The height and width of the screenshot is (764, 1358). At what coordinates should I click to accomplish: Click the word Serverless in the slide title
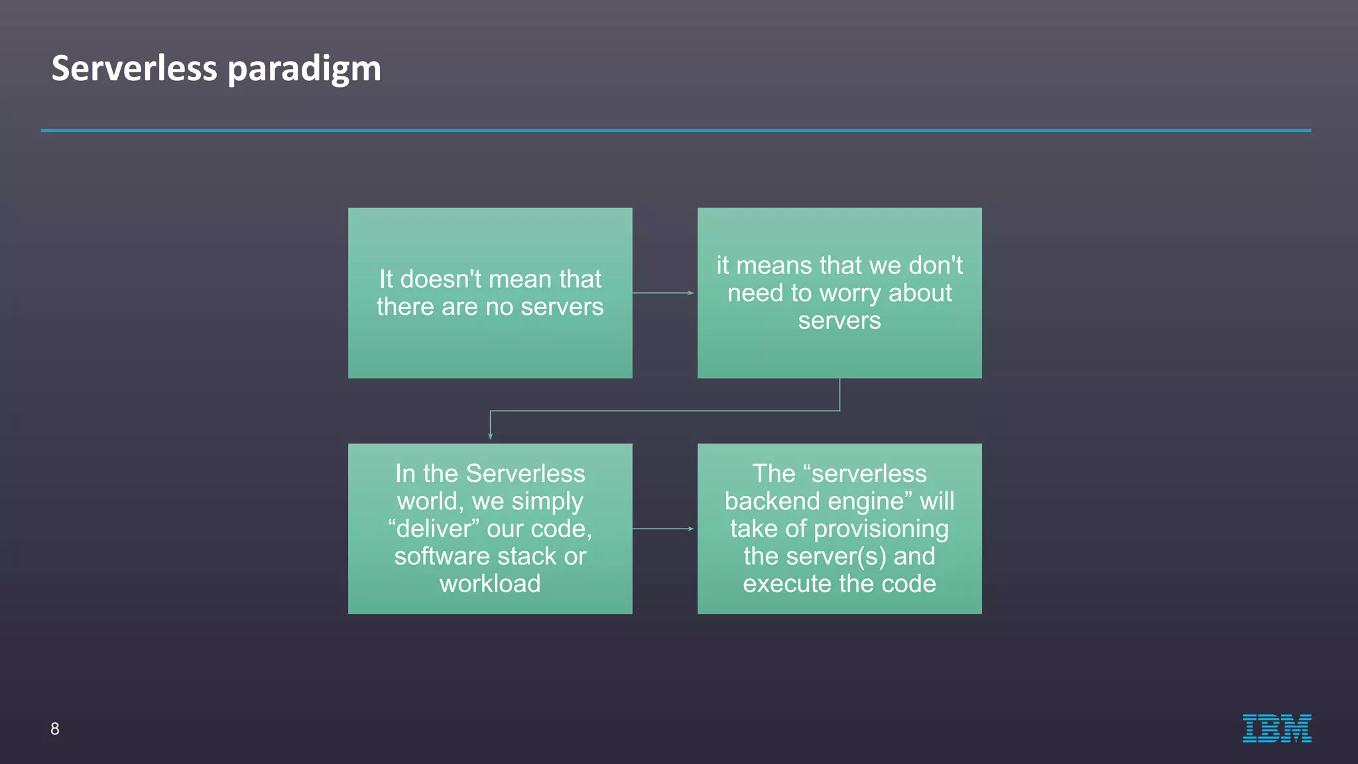click(x=134, y=68)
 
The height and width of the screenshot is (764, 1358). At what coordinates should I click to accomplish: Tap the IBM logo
click(x=1276, y=728)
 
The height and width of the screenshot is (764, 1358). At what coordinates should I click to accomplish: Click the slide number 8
click(x=55, y=729)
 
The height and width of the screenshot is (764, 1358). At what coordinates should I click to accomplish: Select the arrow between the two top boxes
click(x=664, y=292)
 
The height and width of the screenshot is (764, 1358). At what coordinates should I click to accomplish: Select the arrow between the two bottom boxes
click(x=664, y=529)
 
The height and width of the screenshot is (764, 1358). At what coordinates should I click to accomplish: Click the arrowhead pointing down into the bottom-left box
click(x=490, y=435)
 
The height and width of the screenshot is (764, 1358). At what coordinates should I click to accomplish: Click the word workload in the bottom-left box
click(x=490, y=584)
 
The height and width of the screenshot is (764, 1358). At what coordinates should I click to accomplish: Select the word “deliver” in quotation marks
click(x=434, y=529)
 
